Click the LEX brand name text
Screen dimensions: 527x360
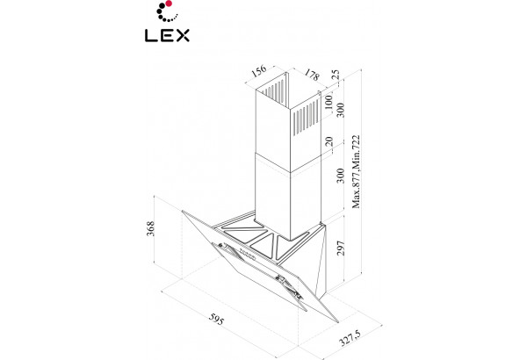click(167, 35)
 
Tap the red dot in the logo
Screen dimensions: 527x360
click(169, 4)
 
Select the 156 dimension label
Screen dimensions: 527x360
click(259, 71)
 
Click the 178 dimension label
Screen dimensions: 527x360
click(312, 75)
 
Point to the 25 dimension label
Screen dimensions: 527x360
click(336, 75)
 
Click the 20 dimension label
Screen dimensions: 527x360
click(329, 141)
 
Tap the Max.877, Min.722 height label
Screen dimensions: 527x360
click(356, 172)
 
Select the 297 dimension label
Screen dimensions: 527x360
click(341, 248)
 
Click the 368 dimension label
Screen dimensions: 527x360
click(150, 228)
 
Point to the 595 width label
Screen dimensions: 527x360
click(216, 319)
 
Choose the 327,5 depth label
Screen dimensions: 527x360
click(350, 338)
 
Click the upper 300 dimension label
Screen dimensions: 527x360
click(341, 110)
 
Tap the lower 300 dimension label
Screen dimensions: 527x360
click(341, 176)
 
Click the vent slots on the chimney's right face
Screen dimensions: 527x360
click(307, 119)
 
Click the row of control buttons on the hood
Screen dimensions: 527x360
click(247, 255)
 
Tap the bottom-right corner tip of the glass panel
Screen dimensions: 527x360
click(338, 322)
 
